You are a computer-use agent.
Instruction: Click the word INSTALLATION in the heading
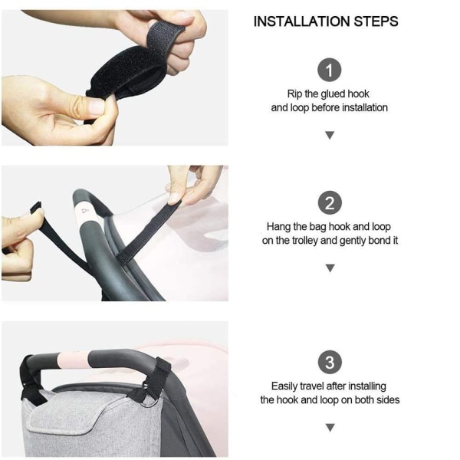[x=302, y=21]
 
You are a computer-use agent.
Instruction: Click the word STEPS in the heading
[x=376, y=21]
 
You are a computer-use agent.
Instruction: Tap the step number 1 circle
[x=330, y=70]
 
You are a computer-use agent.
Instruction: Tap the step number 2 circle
[x=330, y=202]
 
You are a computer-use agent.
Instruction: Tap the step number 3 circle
[x=330, y=362]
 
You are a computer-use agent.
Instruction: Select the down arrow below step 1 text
[x=330, y=135]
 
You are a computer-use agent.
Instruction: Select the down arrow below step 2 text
[x=330, y=268]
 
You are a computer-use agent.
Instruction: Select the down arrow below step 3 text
[x=330, y=428]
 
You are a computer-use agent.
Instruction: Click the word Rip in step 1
[x=294, y=94]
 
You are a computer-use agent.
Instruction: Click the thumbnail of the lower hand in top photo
[x=95, y=106]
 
